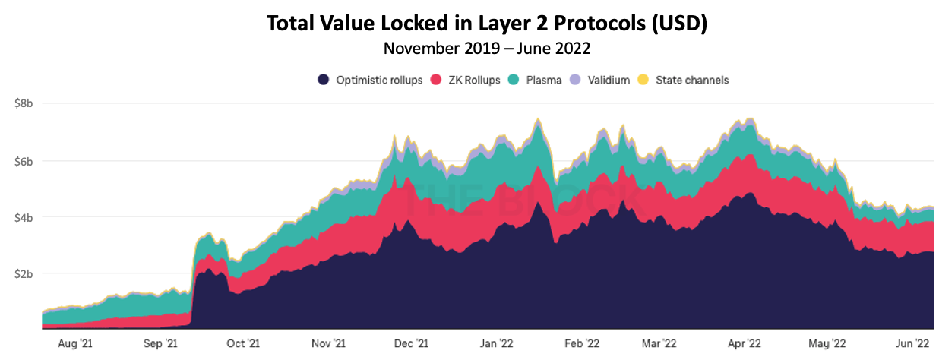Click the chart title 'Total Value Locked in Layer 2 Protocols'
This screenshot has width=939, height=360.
486,24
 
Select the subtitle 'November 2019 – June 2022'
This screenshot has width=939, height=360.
486,49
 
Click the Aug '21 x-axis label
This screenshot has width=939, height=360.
76,343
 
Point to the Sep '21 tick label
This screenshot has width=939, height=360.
160,343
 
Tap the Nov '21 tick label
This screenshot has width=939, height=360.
329,343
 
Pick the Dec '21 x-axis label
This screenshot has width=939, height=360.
412,343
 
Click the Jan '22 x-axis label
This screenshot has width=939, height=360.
498,343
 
